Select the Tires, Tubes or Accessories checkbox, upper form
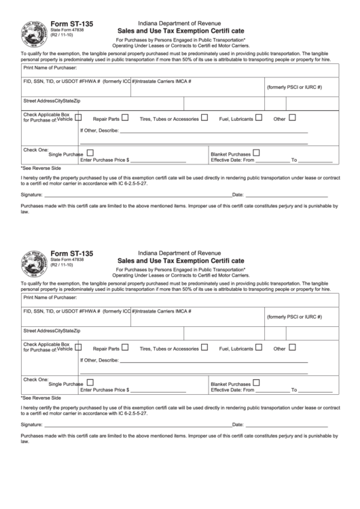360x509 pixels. click(x=204, y=118)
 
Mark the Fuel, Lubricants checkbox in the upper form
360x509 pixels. click(x=259, y=118)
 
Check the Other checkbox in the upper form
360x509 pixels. click(x=292, y=118)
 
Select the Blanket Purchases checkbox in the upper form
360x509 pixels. click(x=256, y=153)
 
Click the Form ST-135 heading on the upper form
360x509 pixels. click(x=73, y=24)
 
